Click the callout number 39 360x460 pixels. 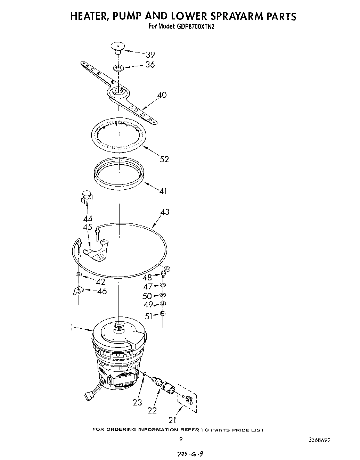point(150,55)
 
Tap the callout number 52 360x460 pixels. point(164,159)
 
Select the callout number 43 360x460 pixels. point(164,212)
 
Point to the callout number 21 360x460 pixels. point(172,420)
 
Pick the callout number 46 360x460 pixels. point(102,291)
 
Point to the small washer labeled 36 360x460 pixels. point(118,67)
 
